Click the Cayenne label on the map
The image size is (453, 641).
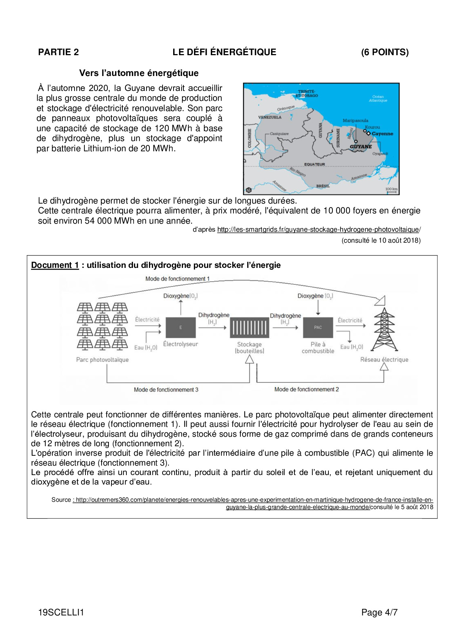point(382,134)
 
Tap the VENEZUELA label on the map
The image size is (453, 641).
point(270,117)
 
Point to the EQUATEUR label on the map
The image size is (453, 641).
point(314,164)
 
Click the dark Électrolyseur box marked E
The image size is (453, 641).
point(180,327)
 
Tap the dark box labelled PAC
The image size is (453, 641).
point(318,327)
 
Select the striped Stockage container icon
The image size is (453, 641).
point(250,327)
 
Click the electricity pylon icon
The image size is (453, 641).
point(384,329)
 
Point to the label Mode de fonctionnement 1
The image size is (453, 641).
point(178,279)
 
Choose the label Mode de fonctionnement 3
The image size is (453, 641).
point(166,390)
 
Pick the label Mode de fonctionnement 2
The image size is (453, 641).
point(307,390)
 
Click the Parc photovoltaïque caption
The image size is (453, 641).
point(102,360)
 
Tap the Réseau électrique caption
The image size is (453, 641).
point(384,360)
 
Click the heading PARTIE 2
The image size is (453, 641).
point(58,52)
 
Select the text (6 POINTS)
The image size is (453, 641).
point(385,52)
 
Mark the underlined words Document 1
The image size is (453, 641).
point(55,265)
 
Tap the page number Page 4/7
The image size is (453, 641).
point(379,612)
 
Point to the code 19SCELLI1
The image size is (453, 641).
point(61,612)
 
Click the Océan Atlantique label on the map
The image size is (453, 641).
point(378,99)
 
